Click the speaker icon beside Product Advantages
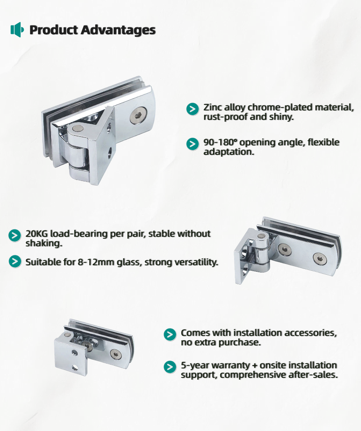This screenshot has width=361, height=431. [x=17, y=30]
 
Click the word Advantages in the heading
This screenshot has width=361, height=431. [x=118, y=30]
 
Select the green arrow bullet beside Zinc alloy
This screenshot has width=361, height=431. [x=193, y=109]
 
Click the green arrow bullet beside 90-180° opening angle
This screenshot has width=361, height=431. [x=193, y=144]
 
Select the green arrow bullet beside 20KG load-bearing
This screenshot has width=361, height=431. [x=15, y=236]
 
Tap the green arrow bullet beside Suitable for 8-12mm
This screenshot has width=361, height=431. [x=15, y=261]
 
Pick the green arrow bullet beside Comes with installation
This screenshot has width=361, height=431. [x=170, y=334]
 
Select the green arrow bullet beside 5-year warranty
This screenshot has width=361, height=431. [x=170, y=367]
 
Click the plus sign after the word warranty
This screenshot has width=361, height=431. [x=255, y=366]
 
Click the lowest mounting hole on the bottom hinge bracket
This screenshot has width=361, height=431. [x=74, y=367]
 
